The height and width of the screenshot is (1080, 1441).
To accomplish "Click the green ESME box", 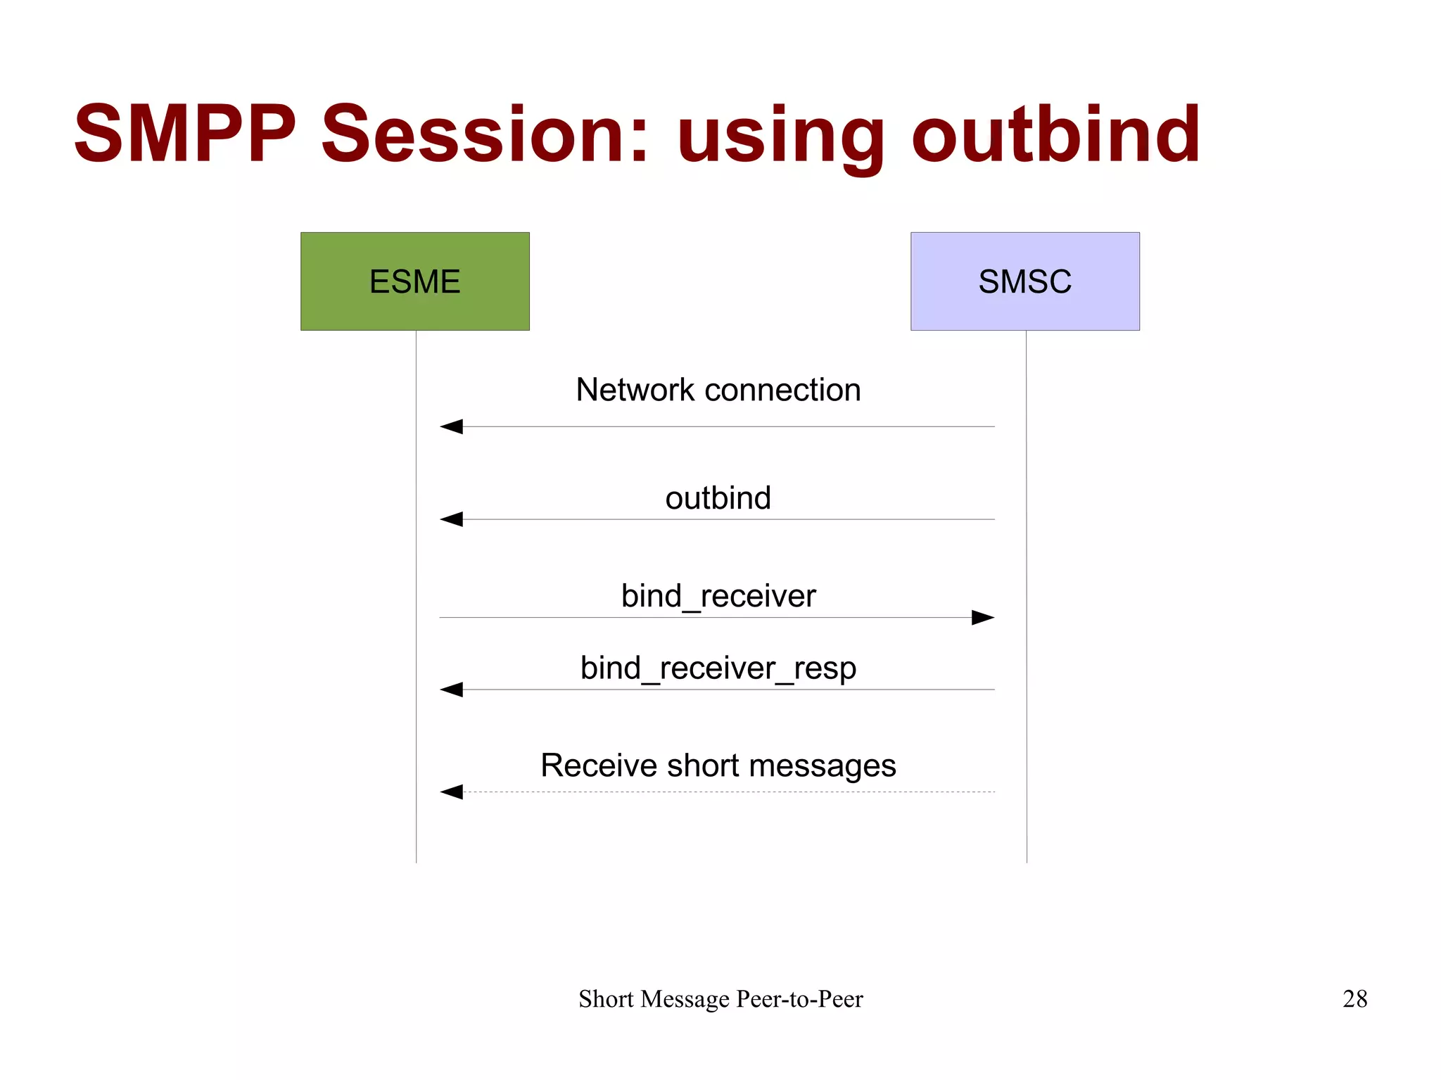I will (x=414, y=281).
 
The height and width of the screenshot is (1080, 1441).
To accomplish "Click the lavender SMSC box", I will (x=1024, y=281).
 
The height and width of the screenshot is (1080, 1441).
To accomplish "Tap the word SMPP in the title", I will (x=185, y=134).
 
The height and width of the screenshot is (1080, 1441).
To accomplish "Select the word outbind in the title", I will (x=1055, y=134).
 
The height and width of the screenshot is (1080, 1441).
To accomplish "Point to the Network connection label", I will (x=718, y=390).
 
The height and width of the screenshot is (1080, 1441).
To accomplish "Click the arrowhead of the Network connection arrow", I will (x=452, y=426).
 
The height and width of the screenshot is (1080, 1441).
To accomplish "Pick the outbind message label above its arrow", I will (x=718, y=498).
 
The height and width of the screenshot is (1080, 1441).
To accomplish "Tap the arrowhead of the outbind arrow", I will (x=452, y=519).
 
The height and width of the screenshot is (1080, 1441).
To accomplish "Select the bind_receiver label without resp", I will (x=718, y=596).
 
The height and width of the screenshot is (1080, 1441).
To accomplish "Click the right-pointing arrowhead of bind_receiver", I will (x=982, y=618).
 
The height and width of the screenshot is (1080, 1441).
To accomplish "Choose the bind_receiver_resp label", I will (x=718, y=668).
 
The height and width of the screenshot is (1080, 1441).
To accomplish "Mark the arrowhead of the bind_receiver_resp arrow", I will (x=452, y=690).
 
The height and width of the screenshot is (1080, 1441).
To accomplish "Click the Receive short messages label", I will (x=718, y=765).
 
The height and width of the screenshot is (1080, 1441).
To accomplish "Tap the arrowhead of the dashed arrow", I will (x=452, y=792).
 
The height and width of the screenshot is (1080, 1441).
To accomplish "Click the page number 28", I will (x=1354, y=998).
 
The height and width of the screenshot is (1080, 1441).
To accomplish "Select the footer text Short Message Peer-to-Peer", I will (x=720, y=998).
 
